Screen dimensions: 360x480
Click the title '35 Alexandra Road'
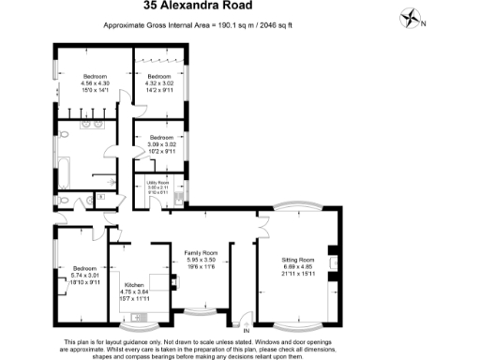point(239,7)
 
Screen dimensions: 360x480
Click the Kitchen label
point(135,287)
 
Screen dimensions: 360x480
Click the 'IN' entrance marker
point(246,331)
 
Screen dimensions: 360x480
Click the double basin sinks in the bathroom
point(92,124)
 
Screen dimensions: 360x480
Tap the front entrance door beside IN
point(242,318)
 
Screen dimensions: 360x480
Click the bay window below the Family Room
point(199,310)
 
